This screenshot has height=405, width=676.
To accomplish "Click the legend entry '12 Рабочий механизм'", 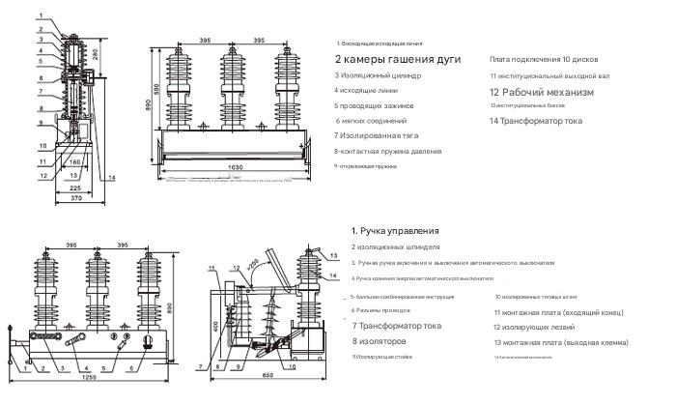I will [x=541, y=92].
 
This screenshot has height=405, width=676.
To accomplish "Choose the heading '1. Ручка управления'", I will [x=395, y=231].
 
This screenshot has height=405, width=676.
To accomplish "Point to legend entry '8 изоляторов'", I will [x=383, y=341].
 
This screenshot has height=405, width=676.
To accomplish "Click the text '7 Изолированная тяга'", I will [x=376, y=135].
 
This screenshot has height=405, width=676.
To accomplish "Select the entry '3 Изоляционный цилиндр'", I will [x=379, y=74].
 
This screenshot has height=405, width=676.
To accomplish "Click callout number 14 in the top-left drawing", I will [x=112, y=178].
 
